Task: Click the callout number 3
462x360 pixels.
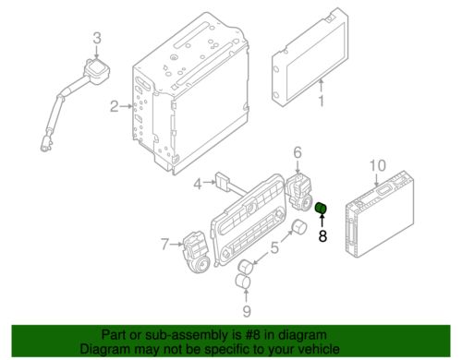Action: (97, 39)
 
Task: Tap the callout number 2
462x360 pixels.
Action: (115, 106)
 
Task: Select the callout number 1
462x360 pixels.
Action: (322, 101)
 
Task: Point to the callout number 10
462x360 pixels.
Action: (378, 165)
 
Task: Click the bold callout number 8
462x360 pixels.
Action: (322, 236)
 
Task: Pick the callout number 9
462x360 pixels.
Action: (247, 311)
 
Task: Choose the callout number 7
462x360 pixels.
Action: (165, 245)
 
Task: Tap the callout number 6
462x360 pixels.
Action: (298, 152)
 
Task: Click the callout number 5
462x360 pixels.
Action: (274, 247)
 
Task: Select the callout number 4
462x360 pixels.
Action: (198, 184)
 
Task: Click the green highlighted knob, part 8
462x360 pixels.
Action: (321, 208)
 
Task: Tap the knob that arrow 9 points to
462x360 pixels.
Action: (243, 282)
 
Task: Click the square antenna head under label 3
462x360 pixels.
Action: (96, 71)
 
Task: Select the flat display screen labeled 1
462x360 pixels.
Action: (310, 58)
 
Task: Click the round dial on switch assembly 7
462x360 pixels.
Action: (201, 265)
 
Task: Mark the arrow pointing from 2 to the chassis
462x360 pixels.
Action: (126, 106)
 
